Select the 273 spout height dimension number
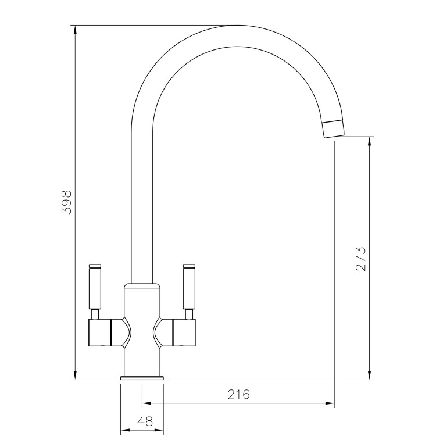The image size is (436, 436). pos(360,259)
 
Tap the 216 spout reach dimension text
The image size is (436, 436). pos(238,395)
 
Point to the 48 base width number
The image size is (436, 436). pos(141,420)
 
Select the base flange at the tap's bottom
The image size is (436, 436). pos(141,378)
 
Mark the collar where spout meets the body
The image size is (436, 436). pos(141,285)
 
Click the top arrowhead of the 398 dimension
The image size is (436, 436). pos(75,30)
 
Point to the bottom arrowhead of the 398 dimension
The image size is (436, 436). pos(75,376)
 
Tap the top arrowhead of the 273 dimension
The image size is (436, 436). pos(369,141)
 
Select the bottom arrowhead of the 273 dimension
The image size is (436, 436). pos(369,376)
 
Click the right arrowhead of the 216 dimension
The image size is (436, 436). pos(331,402)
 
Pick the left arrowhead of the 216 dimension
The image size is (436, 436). pos(146,402)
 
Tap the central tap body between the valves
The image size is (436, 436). pos(141,331)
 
